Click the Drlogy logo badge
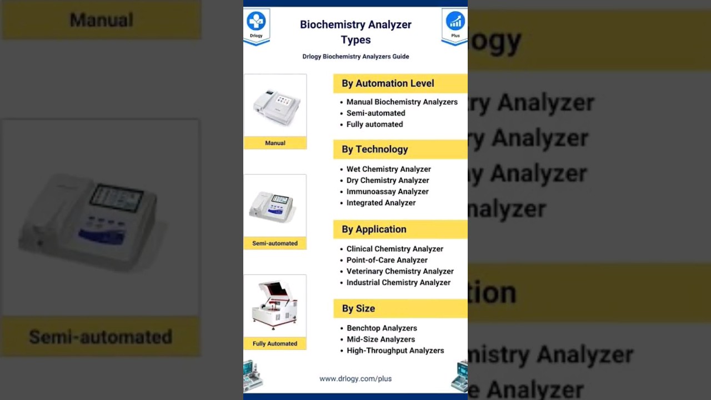tap(256, 25)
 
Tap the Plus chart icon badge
tap(455, 25)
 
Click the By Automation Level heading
tap(388, 83)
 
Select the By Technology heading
tap(375, 149)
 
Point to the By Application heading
tap(374, 229)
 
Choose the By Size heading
tap(358, 308)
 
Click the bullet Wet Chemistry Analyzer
tap(388, 169)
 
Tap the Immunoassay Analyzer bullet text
tap(387, 192)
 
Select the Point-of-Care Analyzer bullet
tap(387, 260)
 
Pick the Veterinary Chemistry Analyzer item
tap(400, 271)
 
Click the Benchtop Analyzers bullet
tap(382, 328)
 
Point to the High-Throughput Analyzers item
tap(395, 351)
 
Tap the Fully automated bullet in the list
tap(374, 124)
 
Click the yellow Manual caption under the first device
tap(275, 143)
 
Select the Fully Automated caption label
tap(275, 343)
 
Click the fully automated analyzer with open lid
tap(275, 305)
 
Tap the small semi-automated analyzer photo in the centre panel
tap(275, 206)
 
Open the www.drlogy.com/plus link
tap(355, 379)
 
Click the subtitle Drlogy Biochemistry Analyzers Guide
tap(355, 57)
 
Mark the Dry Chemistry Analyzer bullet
tap(388, 181)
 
